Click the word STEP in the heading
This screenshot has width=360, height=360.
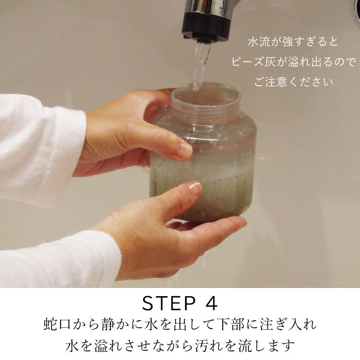168,303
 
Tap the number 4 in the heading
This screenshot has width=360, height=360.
210,303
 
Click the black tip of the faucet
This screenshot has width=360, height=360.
206,27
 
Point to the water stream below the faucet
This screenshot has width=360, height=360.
201,64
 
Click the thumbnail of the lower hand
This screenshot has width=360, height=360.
193,186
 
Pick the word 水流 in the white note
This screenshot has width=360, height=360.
259,42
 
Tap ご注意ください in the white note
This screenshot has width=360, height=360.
293,82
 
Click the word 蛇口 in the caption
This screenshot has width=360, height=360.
57,324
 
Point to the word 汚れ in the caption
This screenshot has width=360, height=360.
209,345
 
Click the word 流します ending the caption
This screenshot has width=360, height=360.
266,345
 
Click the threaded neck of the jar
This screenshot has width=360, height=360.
205,108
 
